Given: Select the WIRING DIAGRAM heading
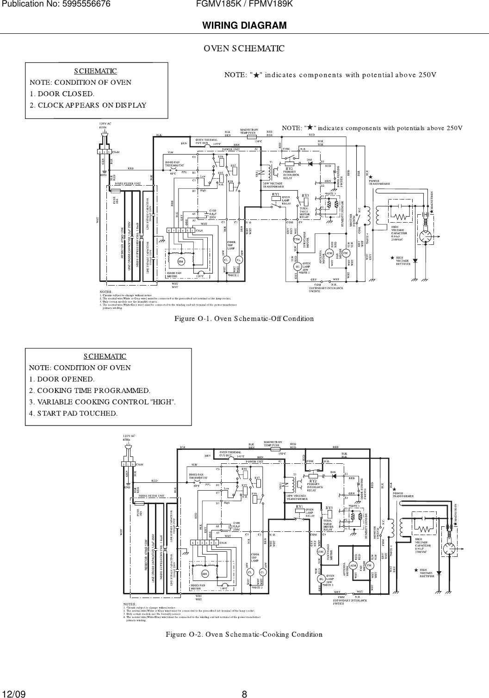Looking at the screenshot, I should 244,25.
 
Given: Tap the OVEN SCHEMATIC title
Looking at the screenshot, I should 244,48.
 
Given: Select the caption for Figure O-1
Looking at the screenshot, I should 244,318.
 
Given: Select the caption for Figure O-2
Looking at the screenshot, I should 244,634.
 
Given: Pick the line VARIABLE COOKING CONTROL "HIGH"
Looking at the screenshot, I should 102,401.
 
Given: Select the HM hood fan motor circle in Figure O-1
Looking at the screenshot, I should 180,262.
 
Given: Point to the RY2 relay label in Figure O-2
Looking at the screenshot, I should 313,481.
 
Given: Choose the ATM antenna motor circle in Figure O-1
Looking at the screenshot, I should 329,253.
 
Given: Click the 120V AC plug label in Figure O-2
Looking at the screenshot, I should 129,438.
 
